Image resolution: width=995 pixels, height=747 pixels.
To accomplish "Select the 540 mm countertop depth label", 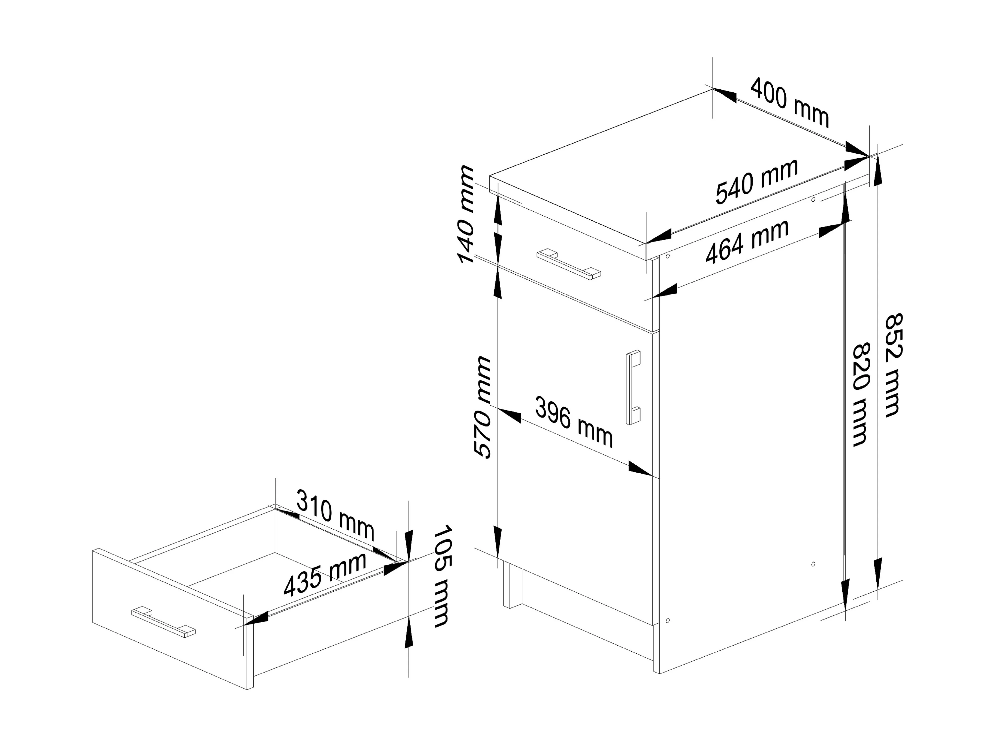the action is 757,181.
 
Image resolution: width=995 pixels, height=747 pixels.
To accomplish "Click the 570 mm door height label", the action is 482,408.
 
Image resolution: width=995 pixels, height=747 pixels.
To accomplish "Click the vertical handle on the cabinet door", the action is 633,387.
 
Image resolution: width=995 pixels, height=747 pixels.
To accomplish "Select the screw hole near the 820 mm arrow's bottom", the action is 813,564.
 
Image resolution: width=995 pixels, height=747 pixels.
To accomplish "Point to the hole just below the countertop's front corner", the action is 668,256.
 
